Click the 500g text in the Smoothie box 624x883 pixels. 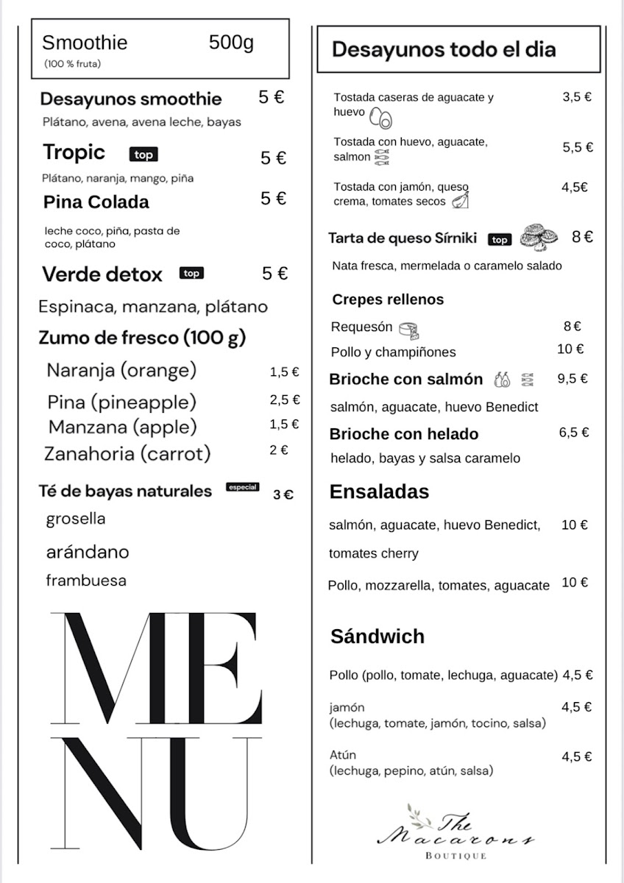click(x=231, y=43)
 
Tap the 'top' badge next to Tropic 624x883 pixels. click(x=143, y=155)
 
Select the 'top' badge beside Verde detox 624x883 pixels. click(x=191, y=274)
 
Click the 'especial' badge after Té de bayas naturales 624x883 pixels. click(x=243, y=487)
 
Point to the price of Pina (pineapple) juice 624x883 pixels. click(x=285, y=400)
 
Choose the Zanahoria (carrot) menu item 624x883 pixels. click(x=127, y=453)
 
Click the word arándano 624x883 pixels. click(x=88, y=552)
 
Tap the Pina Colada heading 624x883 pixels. click(x=96, y=202)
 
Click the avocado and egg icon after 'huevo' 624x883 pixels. click(x=381, y=117)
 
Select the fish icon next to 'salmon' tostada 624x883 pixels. click(x=381, y=157)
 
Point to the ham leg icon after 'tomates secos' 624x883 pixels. click(x=460, y=200)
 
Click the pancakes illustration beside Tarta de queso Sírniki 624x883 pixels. click(x=538, y=237)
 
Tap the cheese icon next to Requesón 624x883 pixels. click(x=408, y=328)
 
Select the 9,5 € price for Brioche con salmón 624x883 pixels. click(x=572, y=379)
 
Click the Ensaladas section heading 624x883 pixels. click(x=379, y=492)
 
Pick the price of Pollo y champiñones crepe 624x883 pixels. click(x=570, y=350)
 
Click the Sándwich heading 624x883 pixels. click(x=377, y=636)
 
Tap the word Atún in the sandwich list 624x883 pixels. click(x=344, y=755)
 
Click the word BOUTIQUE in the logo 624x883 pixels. click(x=456, y=856)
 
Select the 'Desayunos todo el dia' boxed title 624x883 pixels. click(x=444, y=50)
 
